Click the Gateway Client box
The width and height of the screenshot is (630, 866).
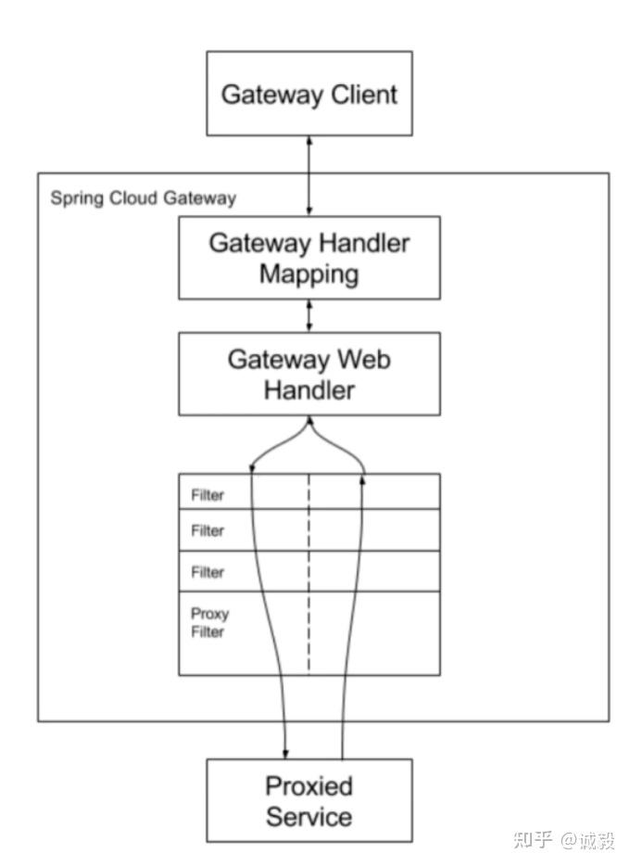pyautogui.click(x=309, y=93)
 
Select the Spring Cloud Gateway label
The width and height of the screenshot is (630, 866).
pyautogui.click(x=143, y=198)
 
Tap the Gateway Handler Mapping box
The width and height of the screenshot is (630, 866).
pyautogui.click(x=309, y=258)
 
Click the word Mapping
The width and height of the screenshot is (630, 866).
pyautogui.click(x=309, y=274)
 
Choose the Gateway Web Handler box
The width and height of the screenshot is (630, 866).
pyautogui.click(x=309, y=374)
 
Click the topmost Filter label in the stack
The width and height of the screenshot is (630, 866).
pyautogui.click(x=208, y=495)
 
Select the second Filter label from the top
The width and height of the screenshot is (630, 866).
pyautogui.click(x=208, y=531)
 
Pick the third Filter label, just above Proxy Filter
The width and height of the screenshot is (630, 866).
pyautogui.click(x=208, y=572)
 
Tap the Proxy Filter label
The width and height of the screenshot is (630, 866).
pyautogui.click(x=209, y=623)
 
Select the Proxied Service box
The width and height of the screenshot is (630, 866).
pyautogui.click(x=309, y=800)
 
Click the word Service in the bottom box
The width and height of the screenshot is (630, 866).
pyautogui.click(x=309, y=817)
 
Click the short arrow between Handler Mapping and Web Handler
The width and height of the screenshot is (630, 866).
pyautogui.click(x=309, y=315)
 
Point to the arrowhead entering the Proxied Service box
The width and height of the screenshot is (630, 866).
pyautogui.click(x=285, y=752)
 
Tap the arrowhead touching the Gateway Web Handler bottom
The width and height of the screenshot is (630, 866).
pyautogui.click(x=309, y=421)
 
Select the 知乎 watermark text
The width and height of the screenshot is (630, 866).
pyautogui.click(x=532, y=840)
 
